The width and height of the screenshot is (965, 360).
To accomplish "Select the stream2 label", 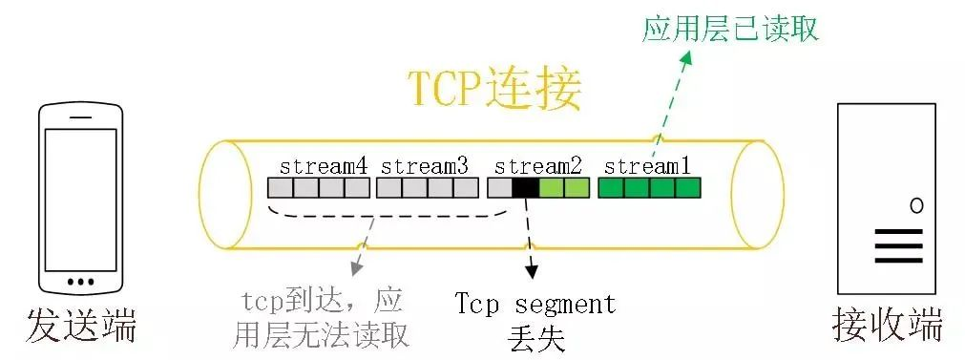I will [538, 165].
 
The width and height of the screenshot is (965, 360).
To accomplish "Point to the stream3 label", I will [425, 165].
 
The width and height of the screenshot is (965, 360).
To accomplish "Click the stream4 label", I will [324, 165].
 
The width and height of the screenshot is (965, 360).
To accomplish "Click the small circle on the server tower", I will [916, 204].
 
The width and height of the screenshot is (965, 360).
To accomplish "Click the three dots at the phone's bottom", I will [81, 281].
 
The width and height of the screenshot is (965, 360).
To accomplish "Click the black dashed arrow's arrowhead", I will [533, 274].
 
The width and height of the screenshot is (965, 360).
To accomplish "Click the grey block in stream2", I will [500, 187].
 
